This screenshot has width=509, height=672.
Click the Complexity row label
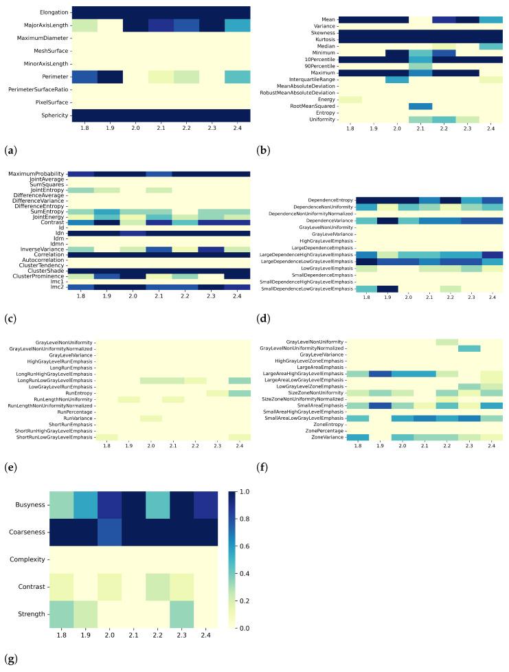coord(47,560)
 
